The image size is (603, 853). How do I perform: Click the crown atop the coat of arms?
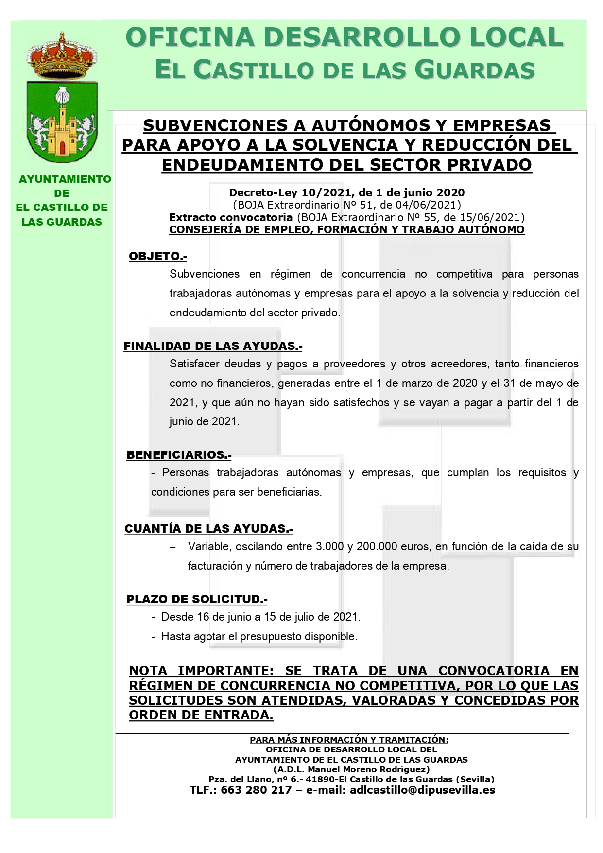tap(62, 56)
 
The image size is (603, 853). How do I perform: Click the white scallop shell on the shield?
tap(62, 95)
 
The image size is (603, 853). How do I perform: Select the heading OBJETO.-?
tap(157, 256)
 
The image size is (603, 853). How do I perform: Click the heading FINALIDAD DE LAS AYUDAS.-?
tap(213, 346)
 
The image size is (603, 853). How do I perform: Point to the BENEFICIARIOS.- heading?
tap(179, 455)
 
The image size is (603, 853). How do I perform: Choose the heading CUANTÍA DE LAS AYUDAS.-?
tap(208, 529)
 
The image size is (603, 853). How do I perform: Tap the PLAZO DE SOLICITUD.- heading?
tap(197, 599)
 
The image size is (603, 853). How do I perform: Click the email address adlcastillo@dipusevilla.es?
tap(422, 790)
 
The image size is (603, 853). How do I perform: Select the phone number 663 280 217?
tap(256, 790)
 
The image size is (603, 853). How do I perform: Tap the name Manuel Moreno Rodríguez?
tap(369, 769)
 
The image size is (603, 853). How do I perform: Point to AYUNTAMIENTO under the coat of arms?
tap(65, 179)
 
